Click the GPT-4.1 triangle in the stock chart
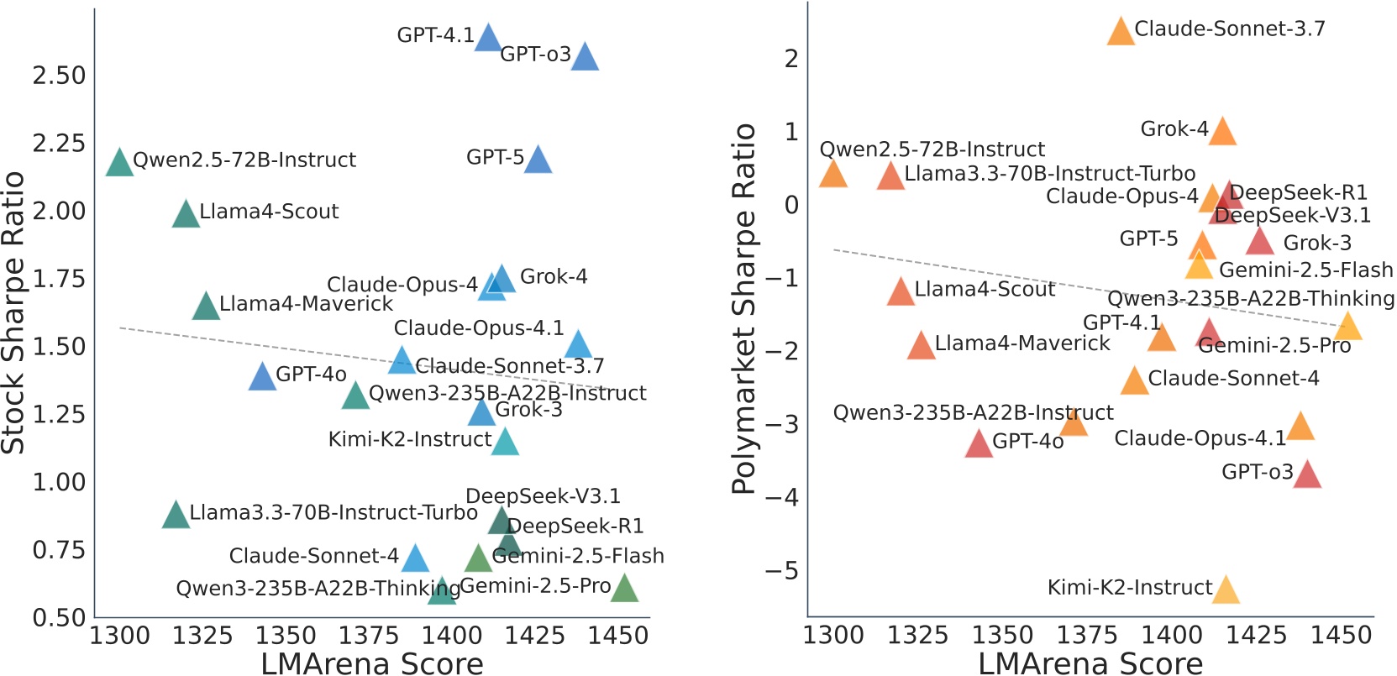[488, 39]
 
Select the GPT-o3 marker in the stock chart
[585, 58]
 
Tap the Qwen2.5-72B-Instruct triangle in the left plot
[120, 163]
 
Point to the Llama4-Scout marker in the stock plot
[186, 215]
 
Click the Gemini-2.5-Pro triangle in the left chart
[624, 589]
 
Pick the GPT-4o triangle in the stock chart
[263, 377]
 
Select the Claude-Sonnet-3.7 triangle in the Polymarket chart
[1121, 32]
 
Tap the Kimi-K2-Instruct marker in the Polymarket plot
[1226, 591]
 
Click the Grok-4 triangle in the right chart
[1222, 132]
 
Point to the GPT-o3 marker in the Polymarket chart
[1307, 475]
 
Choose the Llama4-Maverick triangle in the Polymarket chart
[922, 346]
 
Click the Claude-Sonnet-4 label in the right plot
[1233, 379]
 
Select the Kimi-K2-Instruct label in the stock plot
[410, 439]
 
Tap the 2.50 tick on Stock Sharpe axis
[60, 76]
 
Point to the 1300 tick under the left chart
[119, 636]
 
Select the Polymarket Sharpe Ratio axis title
[744, 309]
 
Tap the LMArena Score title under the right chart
[1090, 663]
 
